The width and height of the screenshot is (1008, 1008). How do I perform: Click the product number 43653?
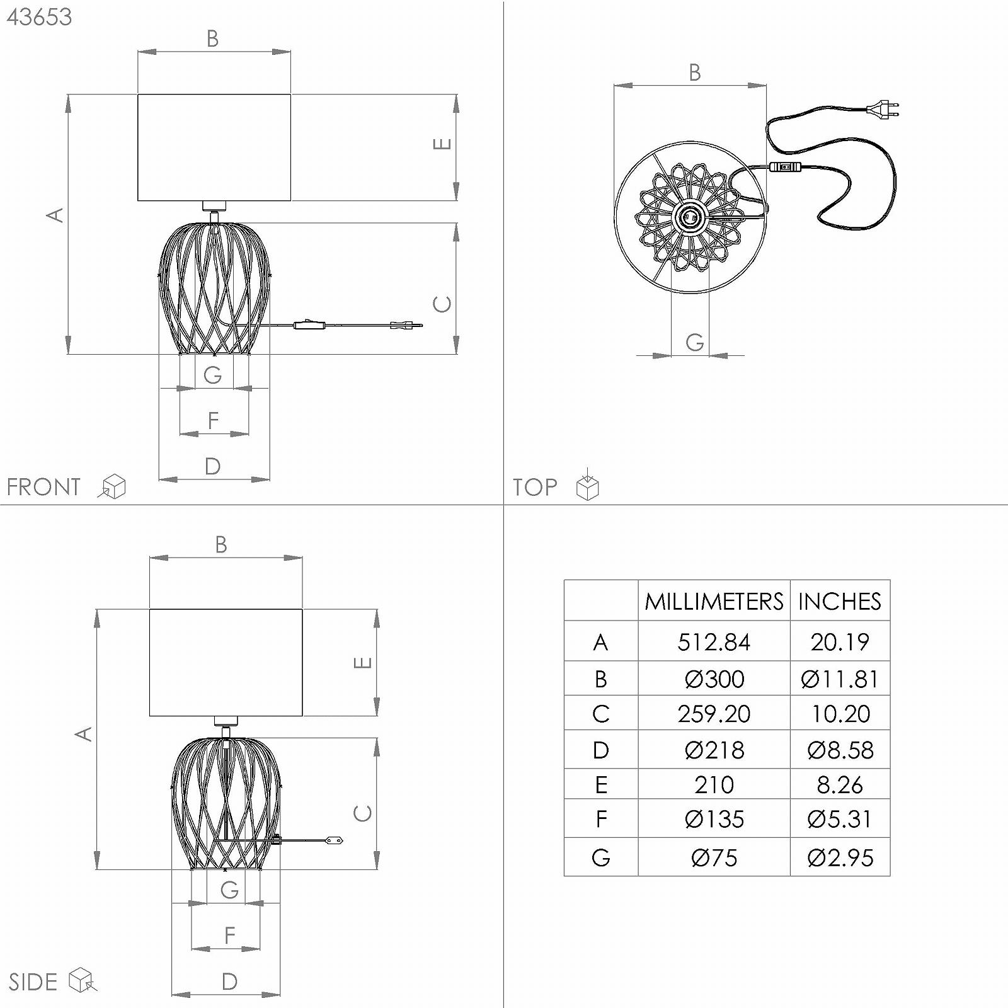tap(39, 17)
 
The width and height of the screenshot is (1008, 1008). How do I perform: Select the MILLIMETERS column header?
tap(714, 601)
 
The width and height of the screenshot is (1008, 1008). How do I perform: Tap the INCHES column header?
tap(840, 601)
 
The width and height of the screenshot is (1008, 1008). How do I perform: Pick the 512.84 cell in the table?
tap(714, 642)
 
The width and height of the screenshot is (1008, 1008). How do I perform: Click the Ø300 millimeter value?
tap(714, 679)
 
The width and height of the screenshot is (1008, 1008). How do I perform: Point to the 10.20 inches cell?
tap(840, 714)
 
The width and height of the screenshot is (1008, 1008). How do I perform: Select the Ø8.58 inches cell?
tap(840, 750)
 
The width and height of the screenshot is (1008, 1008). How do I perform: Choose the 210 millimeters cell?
tap(714, 784)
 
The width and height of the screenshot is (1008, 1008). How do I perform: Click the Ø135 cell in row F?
tap(714, 819)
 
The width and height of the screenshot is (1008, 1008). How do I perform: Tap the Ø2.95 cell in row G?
tap(840, 857)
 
